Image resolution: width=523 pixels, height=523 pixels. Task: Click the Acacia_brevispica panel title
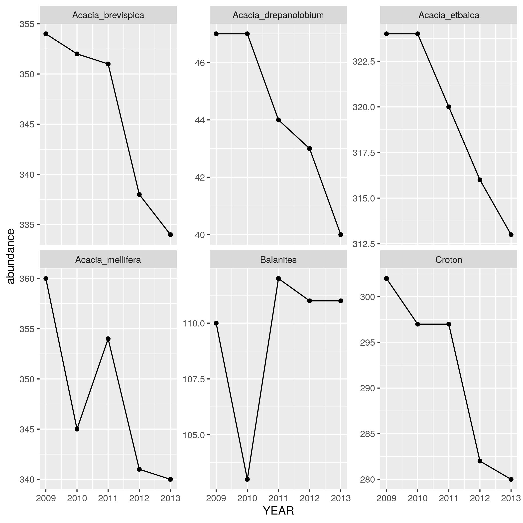[x=108, y=15]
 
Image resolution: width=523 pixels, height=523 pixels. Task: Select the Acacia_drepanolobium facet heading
[x=278, y=15]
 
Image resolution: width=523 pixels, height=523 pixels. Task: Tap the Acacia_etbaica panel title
[x=449, y=15]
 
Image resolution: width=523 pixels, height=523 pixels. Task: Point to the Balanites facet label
[x=278, y=260]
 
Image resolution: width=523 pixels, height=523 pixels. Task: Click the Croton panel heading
[x=449, y=260]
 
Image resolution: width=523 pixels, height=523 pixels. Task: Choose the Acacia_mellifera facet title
[x=108, y=260]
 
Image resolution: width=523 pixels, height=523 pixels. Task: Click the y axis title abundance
[x=11, y=256]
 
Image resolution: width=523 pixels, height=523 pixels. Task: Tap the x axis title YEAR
[x=278, y=511]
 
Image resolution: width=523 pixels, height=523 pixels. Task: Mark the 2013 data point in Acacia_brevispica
[x=170, y=234]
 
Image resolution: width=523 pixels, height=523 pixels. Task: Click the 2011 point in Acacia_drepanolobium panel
[x=278, y=120]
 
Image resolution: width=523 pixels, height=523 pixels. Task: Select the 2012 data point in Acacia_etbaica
[x=480, y=180]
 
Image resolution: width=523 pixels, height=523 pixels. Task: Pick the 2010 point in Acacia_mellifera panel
[x=77, y=429]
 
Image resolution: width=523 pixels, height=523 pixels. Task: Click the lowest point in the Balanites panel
[x=247, y=479]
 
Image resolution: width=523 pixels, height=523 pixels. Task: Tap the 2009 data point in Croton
[x=387, y=279]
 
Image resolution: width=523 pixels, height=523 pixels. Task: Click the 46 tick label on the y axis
[x=200, y=63]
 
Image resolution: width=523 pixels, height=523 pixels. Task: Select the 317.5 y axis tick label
[x=364, y=153]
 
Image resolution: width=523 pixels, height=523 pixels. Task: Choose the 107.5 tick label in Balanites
[x=193, y=379]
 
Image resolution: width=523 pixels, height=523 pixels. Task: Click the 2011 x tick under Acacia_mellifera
[x=108, y=496]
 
